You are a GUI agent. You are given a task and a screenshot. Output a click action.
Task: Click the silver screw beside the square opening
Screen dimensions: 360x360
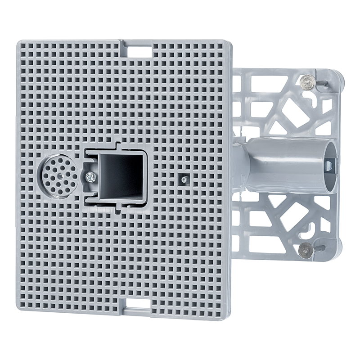(90, 177)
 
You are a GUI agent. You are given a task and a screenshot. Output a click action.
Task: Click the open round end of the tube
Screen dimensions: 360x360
(331, 166)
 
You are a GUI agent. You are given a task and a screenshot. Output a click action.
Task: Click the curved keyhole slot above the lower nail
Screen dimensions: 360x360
(309, 233)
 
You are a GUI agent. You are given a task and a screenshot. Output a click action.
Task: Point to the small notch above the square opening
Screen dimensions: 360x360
(118, 146)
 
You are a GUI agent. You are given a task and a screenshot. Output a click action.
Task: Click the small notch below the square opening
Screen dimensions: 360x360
(117, 208)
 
